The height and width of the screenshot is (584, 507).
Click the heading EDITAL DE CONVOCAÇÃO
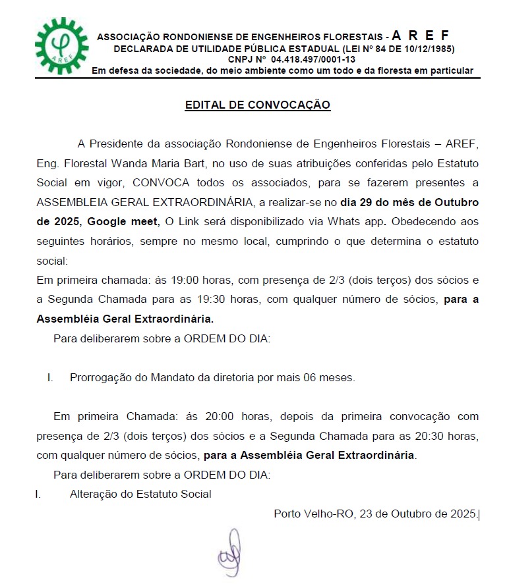[257, 105]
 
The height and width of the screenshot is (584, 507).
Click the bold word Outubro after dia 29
[452, 201]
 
